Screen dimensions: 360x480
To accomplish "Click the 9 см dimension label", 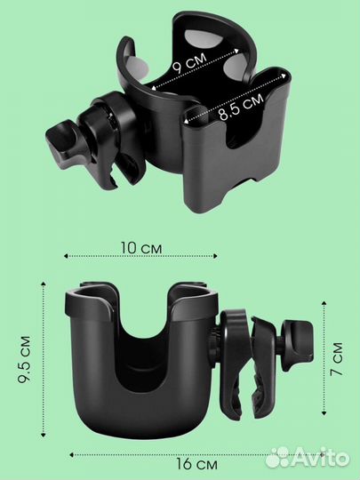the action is (x=190, y=63).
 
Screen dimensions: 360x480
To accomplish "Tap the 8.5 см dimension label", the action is (x=241, y=108).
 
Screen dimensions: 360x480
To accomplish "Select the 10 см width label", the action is (x=141, y=248).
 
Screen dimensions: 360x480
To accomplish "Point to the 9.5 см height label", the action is (x=24, y=359).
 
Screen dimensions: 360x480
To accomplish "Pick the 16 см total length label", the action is (x=196, y=464).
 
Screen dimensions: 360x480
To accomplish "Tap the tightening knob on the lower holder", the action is (x=298, y=343).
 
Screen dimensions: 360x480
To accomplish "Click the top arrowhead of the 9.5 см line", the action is (x=44, y=284).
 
